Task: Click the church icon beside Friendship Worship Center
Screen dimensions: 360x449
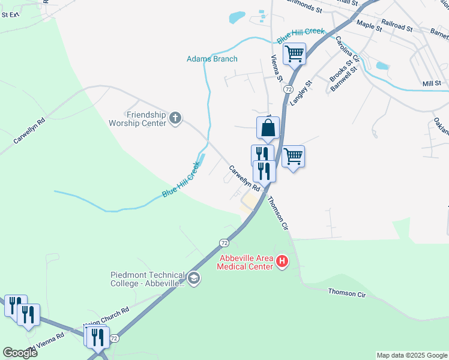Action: click(x=175, y=118)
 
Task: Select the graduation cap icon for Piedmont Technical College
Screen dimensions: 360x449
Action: click(x=193, y=278)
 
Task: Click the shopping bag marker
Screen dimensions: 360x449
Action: click(x=268, y=128)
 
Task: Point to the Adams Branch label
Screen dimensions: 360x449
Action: click(x=212, y=59)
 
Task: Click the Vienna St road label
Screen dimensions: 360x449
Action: click(x=276, y=67)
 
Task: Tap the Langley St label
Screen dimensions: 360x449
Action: click(x=301, y=93)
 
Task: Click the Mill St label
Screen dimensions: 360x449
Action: click(x=432, y=84)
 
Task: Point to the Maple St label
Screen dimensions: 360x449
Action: click(x=369, y=25)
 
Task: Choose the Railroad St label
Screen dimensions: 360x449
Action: click(x=397, y=28)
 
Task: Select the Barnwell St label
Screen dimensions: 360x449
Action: click(x=343, y=79)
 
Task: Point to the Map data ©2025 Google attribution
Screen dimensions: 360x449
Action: click(x=412, y=355)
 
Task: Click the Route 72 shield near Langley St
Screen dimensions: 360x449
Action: click(x=288, y=89)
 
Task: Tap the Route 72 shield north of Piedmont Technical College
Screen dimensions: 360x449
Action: click(x=224, y=243)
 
